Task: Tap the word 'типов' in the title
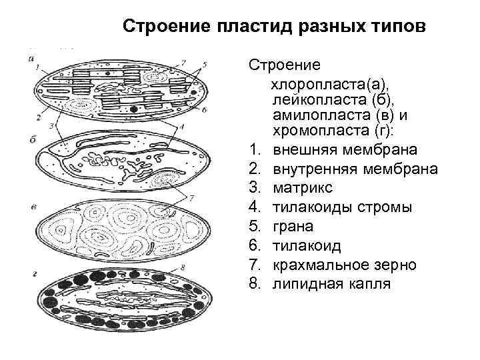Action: pyautogui.click(x=393, y=27)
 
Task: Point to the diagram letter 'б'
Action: pyautogui.click(x=32, y=139)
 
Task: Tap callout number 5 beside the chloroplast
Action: pyautogui.click(x=205, y=64)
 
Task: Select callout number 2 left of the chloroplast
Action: pyautogui.click(x=39, y=117)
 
